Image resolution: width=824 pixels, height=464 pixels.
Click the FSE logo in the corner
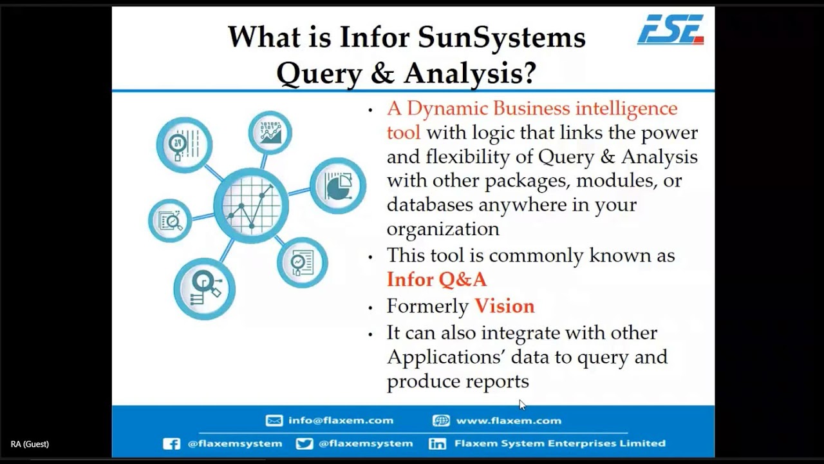(670, 30)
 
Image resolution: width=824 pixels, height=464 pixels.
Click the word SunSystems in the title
(501, 37)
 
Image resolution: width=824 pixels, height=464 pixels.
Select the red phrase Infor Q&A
(436, 280)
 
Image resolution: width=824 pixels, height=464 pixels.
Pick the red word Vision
(505, 306)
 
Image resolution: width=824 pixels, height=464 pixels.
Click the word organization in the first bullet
(443, 229)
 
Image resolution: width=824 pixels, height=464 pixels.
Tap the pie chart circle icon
(338, 186)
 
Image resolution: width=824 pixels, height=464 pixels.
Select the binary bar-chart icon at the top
(270, 132)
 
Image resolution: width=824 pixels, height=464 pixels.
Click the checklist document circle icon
(302, 262)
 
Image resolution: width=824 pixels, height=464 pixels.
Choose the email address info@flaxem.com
(341, 420)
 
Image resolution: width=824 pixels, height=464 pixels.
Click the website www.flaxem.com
(509, 420)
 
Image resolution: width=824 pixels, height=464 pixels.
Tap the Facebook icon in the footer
(171, 443)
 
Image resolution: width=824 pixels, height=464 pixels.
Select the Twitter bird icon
(304, 443)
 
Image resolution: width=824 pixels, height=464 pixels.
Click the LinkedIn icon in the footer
(438, 443)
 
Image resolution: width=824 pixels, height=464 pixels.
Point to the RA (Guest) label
(30, 444)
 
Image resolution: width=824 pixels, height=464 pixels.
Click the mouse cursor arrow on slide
(522, 405)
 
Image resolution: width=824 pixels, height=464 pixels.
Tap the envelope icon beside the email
(274, 420)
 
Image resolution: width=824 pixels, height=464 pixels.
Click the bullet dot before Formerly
(370, 307)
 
